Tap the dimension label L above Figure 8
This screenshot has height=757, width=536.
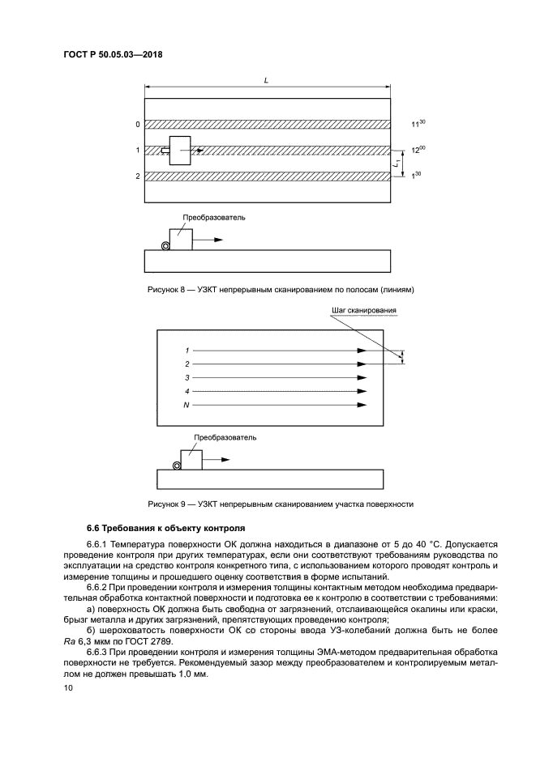267,80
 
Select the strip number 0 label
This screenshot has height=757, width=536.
137,125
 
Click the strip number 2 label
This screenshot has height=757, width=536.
137,176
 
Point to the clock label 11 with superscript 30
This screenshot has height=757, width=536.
418,125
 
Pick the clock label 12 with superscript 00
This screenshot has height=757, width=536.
418,150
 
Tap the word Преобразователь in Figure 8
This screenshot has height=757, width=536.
214,218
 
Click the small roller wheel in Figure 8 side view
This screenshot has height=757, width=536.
165,245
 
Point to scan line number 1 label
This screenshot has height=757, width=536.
187,351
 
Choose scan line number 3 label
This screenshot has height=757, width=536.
187,377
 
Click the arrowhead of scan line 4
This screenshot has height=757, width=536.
362,391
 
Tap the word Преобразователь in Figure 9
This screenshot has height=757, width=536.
225,437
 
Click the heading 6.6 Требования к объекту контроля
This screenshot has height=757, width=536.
155,527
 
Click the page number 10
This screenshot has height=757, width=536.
67,687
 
